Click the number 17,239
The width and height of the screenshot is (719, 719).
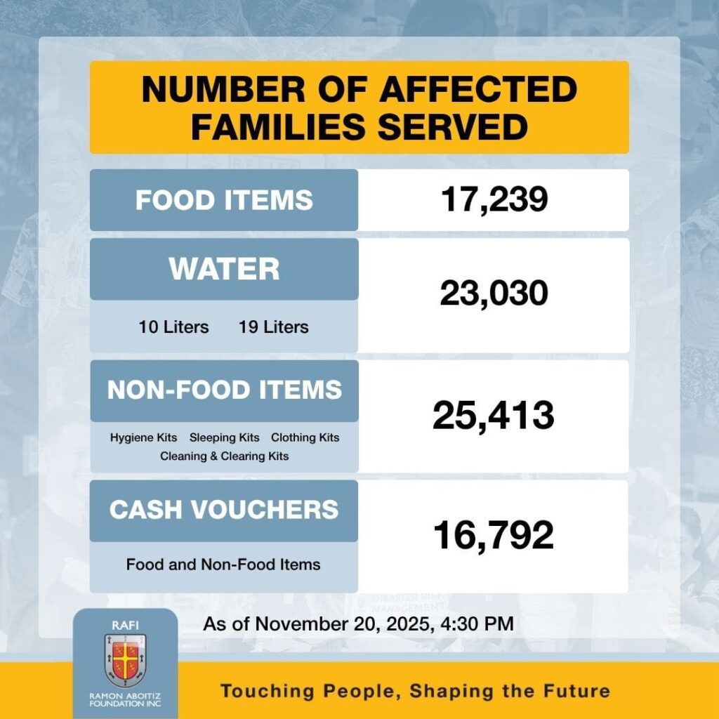pos(494,200)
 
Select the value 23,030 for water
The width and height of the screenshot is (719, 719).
pos(494,294)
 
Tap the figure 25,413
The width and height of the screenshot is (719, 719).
pos(494,416)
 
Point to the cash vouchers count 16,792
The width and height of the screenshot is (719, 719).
pos(494,536)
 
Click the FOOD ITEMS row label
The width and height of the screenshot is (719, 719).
pos(224,200)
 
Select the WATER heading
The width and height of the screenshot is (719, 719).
pos(224,269)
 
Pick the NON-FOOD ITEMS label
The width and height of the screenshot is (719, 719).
pos(224,390)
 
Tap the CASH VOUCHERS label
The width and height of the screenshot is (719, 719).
pos(224,510)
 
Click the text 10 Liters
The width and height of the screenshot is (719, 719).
pos(173,327)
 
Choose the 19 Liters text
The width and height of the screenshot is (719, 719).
pos(273,327)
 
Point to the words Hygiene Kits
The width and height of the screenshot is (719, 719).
pos(143,437)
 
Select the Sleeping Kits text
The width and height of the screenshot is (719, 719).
pos(224,437)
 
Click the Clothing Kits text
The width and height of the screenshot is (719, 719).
pos(305,437)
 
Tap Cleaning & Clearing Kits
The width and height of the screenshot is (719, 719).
pos(224,456)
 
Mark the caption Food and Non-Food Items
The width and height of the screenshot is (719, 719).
pos(223,565)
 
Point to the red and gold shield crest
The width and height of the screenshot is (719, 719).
pos(126,660)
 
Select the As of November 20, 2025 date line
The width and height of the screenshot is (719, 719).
pos(359,624)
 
